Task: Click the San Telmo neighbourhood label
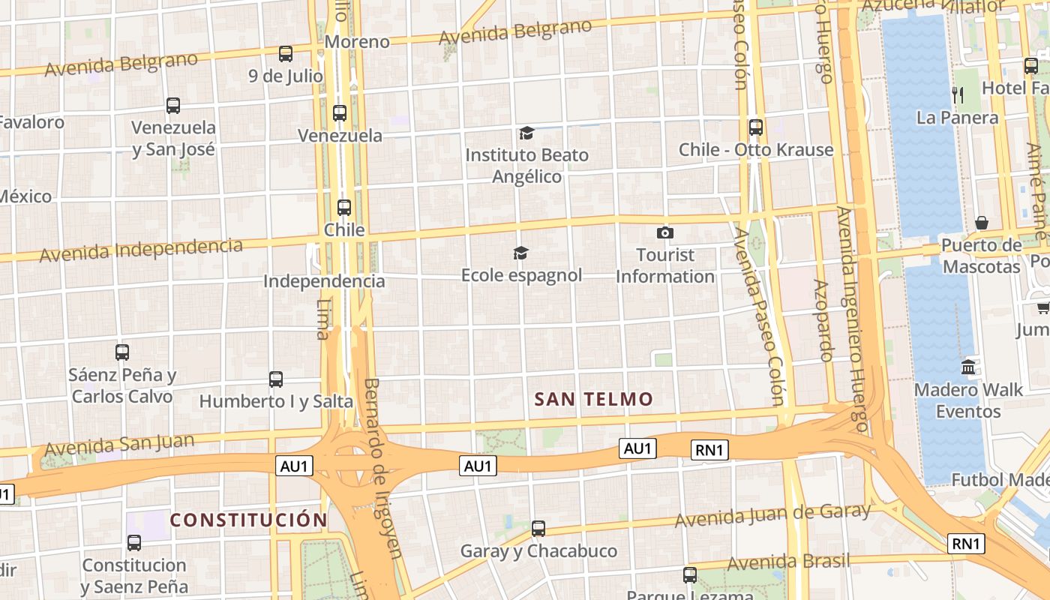pyautogui.click(x=593, y=399)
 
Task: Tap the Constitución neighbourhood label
pyautogui.click(x=248, y=520)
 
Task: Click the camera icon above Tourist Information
pyautogui.click(x=664, y=233)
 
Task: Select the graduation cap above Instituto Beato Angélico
pyautogui.click(x=526, y=133)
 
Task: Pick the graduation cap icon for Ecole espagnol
pyautogui.click(x=520, y=253)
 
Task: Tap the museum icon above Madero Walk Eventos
pyautogui.click(x=967, y=367)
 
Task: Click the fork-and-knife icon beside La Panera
pyautogui.click(x=957, y=95)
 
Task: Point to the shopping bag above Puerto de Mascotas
pyautogui.click(x=981, y=223)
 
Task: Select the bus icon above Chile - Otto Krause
pyautogui.click(x=755, y=127)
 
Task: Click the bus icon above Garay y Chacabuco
pyautogui.click(x=538, y=529)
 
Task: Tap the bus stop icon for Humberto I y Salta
pyautogui.click(x=275, y=379)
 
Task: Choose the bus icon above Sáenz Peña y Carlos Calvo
pyautogui.click(x=121, y=352)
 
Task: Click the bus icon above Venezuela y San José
pyautogui.click(x=173, y=106)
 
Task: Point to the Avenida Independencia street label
pyautogui.click(x=141, y=250)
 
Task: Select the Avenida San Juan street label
pyautogui.click(x=119, y=444)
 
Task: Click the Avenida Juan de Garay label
pyautogui.click(x=772, y=515)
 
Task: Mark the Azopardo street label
pyautogui.click(x=823, y=320)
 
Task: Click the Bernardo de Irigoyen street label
pyautogui.click(x=383, y=468)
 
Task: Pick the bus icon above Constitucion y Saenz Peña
pyautogui.click(x=133, y=543)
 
